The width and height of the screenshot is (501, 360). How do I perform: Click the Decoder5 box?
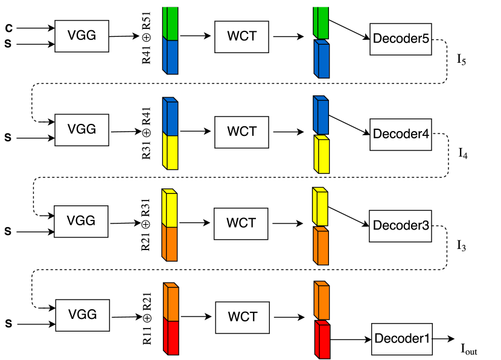point(400,39)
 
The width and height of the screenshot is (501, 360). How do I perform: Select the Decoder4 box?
point(400,133)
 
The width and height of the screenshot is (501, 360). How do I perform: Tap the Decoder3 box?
point(400,225)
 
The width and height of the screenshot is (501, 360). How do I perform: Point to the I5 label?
point(462,60)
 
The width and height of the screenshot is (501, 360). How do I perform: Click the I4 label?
point(463,153)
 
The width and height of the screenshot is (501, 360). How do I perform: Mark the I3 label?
point(462,246)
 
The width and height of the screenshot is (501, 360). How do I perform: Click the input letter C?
point(8,28)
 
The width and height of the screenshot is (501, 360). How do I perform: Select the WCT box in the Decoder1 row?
point(241,317)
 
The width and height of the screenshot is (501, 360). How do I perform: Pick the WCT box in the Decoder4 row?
point(241,131)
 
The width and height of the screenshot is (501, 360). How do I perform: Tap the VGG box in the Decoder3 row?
point(81,221)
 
